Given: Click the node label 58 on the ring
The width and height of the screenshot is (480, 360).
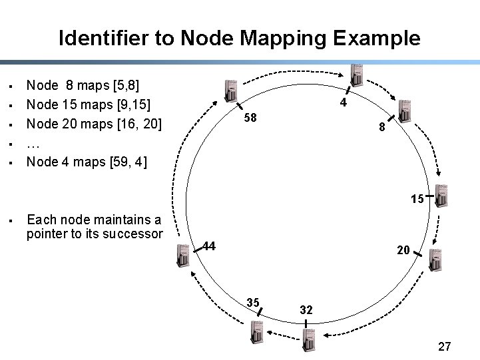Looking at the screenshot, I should coord(250,118).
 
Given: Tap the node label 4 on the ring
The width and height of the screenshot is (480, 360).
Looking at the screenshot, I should coord(343,103).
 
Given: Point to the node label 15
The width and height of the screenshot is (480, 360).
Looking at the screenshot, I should coord(417,198).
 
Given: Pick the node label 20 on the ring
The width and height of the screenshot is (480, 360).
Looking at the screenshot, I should coord(403,250).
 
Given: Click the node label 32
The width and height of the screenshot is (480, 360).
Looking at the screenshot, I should coord(306,310).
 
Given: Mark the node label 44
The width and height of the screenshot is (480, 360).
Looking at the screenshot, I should coord(209,246).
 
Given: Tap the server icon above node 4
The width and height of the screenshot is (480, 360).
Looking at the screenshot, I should coord(357,75).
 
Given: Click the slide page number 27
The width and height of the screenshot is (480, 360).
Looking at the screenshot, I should coord(445,347).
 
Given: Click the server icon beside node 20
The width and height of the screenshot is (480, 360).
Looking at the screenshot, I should coord(435,259).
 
